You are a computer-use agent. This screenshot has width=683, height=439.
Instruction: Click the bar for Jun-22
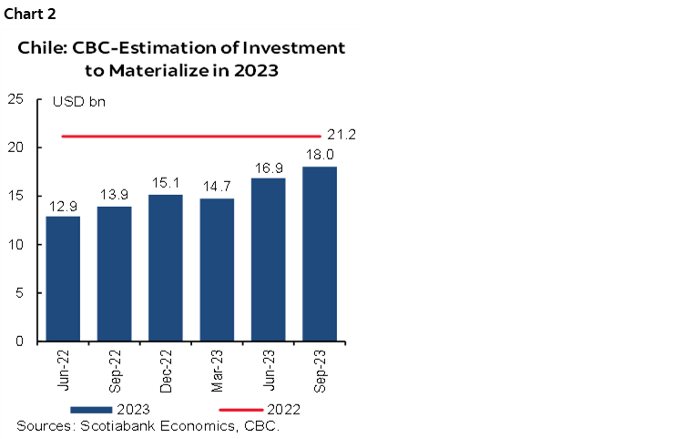pyautogui.click(x=63, y=279)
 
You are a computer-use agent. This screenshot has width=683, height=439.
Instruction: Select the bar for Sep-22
pyautogui.click(x=114, y=273)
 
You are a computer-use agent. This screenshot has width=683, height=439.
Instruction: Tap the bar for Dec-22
pyautogui.click(x=166, y=268)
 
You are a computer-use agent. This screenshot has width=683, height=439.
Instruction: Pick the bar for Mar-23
pyautogui.click(x=217, y=270)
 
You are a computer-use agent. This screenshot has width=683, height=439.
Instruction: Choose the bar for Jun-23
pyautogui.click(x=268, y=260)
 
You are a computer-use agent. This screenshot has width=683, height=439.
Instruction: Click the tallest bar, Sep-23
pyautogui.click(x=319, y=254)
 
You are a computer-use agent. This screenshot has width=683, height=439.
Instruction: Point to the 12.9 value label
pyautogui.click(x=63, y=207)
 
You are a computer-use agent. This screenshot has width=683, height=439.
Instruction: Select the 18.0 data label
pyautogui.click(x=319, y=157)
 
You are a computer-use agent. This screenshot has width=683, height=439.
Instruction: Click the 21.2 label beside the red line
pyautogui.click(x=341, y=135)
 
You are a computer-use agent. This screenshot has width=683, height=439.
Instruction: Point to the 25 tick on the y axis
pyautogui.click(x=16, y=99)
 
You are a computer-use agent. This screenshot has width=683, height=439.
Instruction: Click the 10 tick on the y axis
pyautogui.click(x=16, y=244)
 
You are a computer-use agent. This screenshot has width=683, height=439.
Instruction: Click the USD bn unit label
pyautogui.click(x=78, y=102)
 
